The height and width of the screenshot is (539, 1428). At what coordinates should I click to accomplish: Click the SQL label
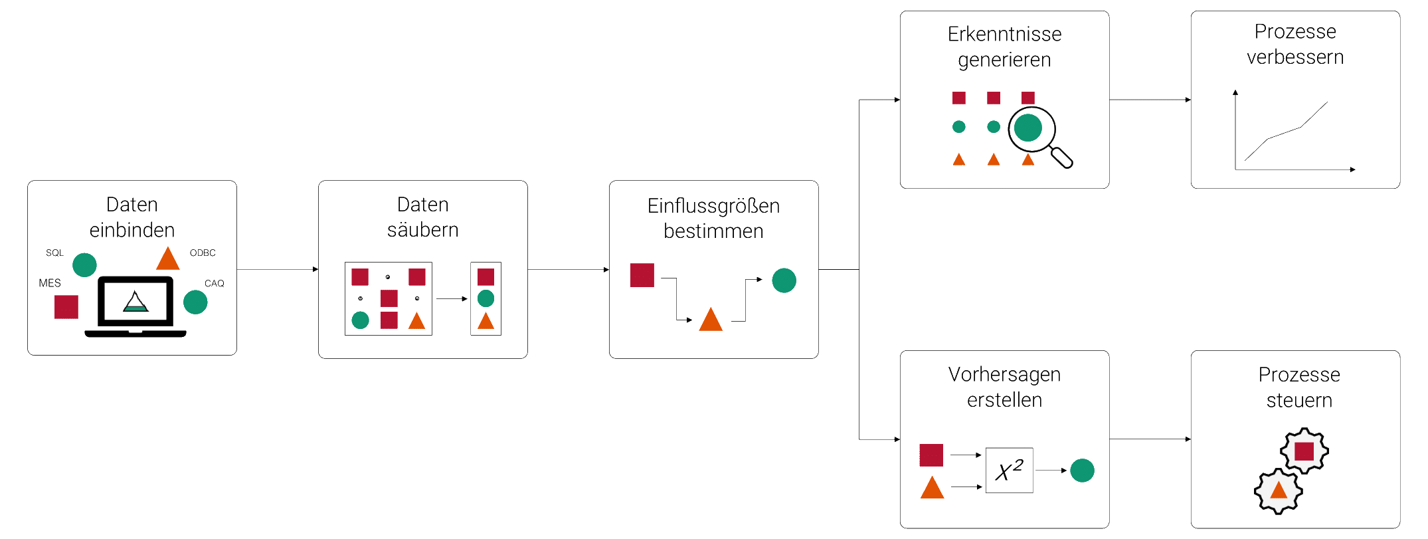pyautogui.click(x=54, y=253)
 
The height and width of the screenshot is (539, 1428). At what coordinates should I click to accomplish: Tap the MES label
pyautogui.click(x=50, y=283)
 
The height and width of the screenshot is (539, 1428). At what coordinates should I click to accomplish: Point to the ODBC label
pyautogui.click(x=203, y=253)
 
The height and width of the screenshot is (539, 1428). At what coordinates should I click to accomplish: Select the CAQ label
pyautogui.click(x=214, y=284)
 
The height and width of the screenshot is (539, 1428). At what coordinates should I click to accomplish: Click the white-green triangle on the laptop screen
pyautogui.click(x=135, y=302)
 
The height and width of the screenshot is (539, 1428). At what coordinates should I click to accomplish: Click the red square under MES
pyautogui.click(x=66, y=307)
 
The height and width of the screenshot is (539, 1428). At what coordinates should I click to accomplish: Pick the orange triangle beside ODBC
pyautogui.click(x=168, y=259)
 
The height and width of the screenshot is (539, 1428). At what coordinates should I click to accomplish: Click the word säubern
pyautogui.click(x=422, y=230)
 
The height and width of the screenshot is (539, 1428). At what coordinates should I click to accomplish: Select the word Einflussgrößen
pyautogui.click(x=713, y=206)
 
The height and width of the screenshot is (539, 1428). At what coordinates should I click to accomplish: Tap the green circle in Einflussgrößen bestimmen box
pyautogui.click(x=784, y=280)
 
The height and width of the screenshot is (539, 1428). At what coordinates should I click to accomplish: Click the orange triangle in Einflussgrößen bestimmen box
pyautogui.click(x=711, y=320)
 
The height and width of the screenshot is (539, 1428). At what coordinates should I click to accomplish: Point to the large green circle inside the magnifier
pyautogui.click(x=1028, y=128)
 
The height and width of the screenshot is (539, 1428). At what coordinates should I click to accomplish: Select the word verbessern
pyautogui.click(x=1295, y=58)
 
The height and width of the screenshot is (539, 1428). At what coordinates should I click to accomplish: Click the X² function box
pyautogui.click(x=1009, y=471)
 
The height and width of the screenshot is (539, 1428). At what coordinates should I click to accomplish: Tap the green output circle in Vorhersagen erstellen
pyautogui.click(x=1082, y=471)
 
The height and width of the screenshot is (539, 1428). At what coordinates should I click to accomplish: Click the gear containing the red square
pyautogui.click(x=1304, y=451)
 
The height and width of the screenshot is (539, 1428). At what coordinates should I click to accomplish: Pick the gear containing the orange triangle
pyautogui.click(x=1279, y=491)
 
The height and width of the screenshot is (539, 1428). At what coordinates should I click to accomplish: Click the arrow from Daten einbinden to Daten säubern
pyautogui.click(x=278, y=270)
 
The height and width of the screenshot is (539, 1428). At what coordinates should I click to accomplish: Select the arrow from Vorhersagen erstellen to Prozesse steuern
pyautogui.click(x=1150, y=439)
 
